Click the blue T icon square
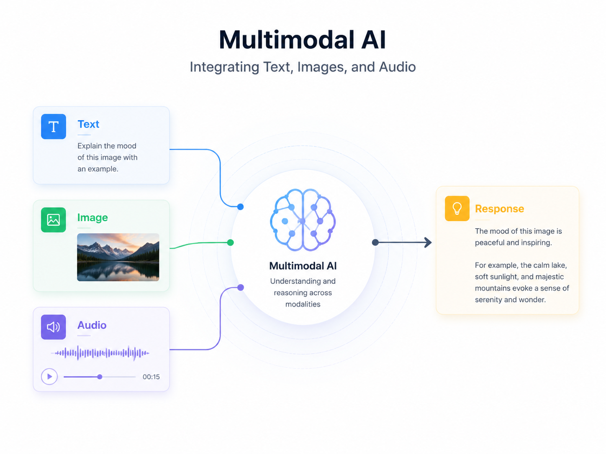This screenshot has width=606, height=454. click(x=53, y=127)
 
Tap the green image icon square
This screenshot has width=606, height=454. click(x=53, y=220)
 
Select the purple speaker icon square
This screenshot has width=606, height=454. click(x=53, y=327)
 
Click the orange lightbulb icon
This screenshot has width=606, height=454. click(x=457, y=208)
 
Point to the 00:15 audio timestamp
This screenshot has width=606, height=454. click(x=151, y=377)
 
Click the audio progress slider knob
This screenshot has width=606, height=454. click(x=100, y=377)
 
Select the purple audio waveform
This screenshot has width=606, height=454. click(x=100, y=353)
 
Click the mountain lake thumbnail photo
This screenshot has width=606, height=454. click(x=118, y=257)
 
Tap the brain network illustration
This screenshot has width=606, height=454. click(x=303, y=220)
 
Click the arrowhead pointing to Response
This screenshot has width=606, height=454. click(x=428, y=242)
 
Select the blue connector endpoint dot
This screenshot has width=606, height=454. click(x=241, y=207)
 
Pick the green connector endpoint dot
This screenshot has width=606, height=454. click(x=230, y=242)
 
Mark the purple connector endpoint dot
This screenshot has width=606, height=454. click(x=241, y=288)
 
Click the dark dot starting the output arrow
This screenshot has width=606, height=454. click(x=375, y=242)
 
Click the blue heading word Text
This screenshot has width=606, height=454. click(x=88, y=124)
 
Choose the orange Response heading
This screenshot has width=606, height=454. click(x=499, y=209)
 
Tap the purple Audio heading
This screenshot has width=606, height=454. click(x=92, y=325)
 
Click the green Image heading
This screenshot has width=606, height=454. click(x=92, y=218)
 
